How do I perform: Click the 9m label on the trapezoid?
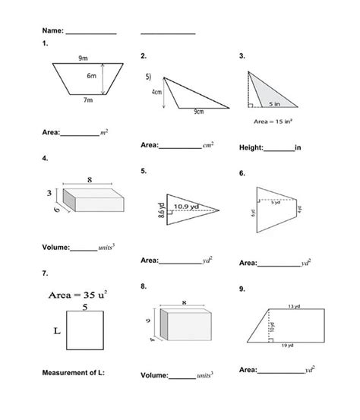[81, 58]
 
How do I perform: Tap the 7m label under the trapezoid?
[88, 100]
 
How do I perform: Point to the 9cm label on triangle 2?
[199, 112]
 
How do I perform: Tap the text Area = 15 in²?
[273, 121]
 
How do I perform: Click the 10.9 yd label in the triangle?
[187, 205]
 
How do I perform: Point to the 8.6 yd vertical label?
[161, 210]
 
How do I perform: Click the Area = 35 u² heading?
[80, 292]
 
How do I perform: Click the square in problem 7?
[85, 333]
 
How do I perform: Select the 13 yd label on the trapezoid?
[292, 306]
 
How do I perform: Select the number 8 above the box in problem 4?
[90, 181]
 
